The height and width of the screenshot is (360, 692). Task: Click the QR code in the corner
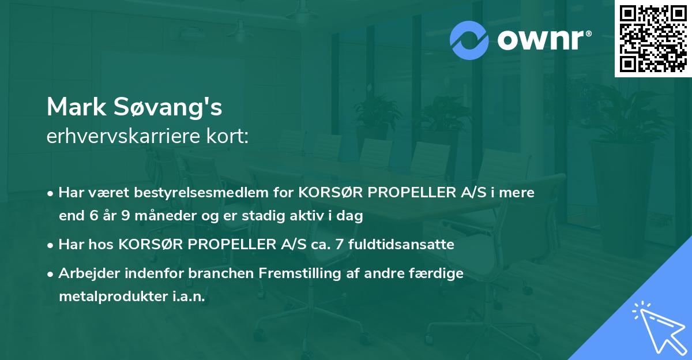[x=653, y=39]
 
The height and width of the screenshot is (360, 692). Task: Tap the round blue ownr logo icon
[x=469, y=40]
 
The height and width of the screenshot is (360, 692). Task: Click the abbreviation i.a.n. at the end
[x=189, y=297]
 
